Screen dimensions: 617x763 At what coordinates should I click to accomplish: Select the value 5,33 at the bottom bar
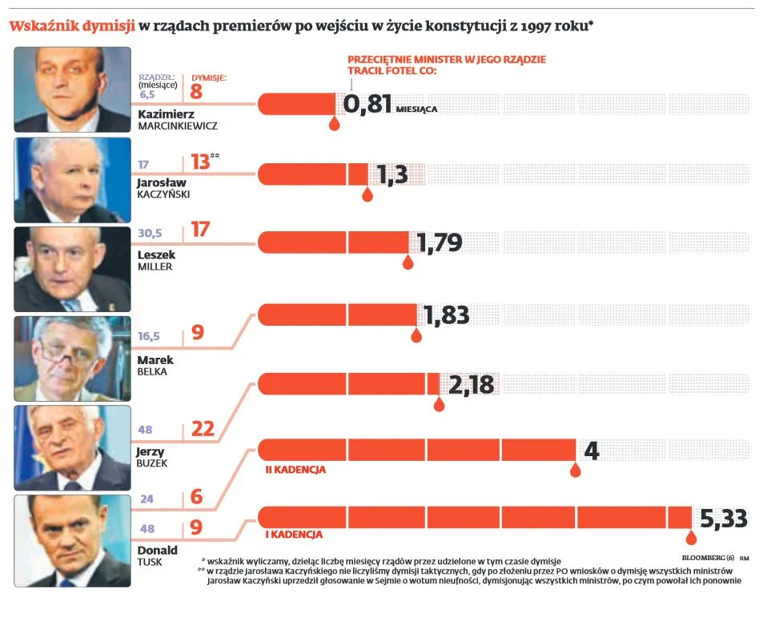click(x=723, y=519)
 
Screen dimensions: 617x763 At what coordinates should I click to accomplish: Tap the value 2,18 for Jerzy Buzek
click(x=471, y=386)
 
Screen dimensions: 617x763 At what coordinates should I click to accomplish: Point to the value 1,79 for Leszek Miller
click(x=439, y=242)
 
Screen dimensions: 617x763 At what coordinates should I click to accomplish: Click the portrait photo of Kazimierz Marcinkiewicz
click(x=73, y=89)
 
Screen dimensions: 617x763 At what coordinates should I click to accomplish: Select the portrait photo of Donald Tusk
click(x=73, y=541)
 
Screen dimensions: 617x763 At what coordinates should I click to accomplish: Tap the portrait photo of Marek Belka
click(x=73, y=359)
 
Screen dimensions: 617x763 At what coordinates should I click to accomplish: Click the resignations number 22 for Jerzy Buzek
click(x=203, y=429)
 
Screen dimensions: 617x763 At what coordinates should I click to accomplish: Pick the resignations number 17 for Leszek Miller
click(x=200, y=230)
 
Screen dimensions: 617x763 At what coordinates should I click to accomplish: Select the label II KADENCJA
click(x=295, y=470)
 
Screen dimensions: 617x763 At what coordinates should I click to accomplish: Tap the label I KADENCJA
click(x=294, y=534)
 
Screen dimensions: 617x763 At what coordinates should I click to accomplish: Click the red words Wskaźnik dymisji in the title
click(x=71, y=26)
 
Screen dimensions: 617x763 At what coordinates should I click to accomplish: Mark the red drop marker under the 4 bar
click(x=575, y=471)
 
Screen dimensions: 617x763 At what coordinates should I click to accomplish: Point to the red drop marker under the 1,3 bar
click(x=367, y=194)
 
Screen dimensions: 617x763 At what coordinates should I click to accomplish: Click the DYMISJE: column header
click(x=209, y=78)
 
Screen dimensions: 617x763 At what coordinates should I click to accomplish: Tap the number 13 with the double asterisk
click(x=200, y=162)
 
